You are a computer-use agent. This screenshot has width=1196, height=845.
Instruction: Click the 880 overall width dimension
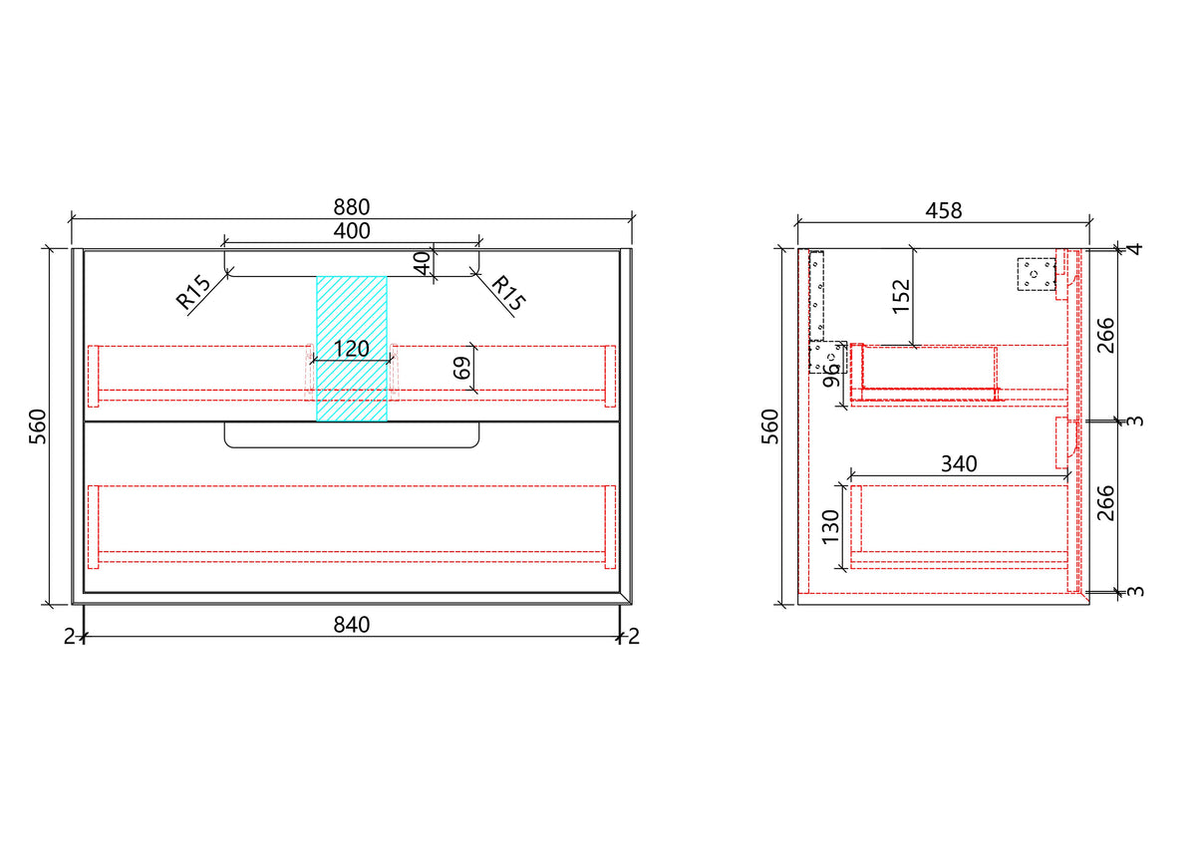click(351, 206)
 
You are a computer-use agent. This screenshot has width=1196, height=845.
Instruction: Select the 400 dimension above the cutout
click(351, 231)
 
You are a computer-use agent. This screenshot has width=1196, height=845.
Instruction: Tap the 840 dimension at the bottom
click(351, 625)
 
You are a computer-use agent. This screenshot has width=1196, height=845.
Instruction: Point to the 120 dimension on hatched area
click(351, 349)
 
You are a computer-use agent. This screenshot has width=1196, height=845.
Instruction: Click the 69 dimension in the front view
click(462, 368)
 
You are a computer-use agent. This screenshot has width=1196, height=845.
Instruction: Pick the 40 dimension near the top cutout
click(422, 263)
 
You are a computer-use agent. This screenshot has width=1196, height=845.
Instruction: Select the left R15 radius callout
click(192, 293)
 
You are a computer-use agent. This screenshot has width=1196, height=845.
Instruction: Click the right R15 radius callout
click(507, 293)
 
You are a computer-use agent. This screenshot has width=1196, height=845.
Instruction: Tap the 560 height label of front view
click(38, 426)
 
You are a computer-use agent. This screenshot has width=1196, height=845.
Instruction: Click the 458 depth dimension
click(944, 211)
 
